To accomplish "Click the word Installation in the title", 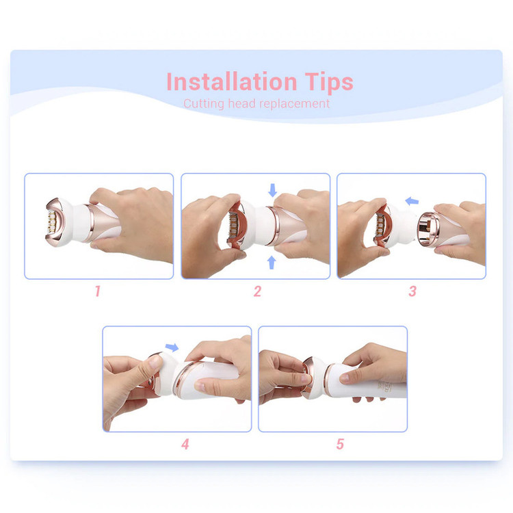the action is click(232, 81).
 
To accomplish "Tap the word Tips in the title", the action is click(329, 83).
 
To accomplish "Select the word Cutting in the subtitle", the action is click(204, 104).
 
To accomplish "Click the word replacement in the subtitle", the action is click(294, 104).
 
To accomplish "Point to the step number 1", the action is click(98, 291).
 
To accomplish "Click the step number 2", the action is click(257, 291).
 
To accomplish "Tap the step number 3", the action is click(412, 291).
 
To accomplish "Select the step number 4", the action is click(185, 444).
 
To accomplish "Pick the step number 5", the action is click(340, 444).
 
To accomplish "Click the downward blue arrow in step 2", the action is click(272, 190).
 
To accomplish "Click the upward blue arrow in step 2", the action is click(272, 263).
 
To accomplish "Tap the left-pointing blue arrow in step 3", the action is click(412, 201).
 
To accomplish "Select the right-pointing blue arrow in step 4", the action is click(172, 347).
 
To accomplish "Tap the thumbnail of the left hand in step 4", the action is click(155, 363).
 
